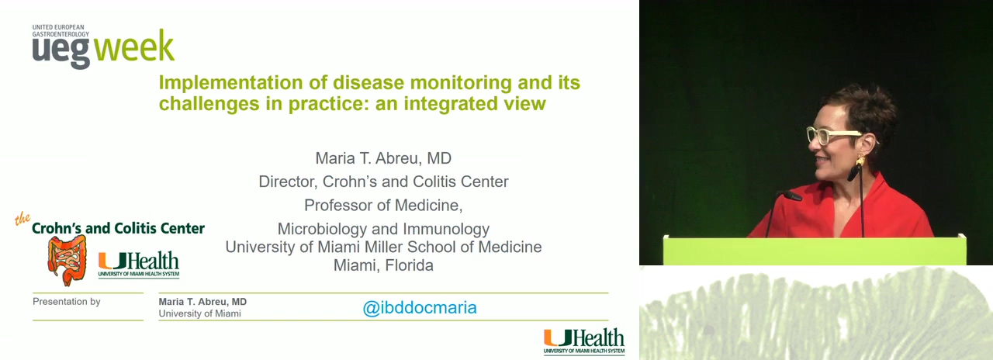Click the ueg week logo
pyautogui.click(x=103, y=47)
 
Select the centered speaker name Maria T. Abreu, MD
pyautogui.click(x=383, y=158)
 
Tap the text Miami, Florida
pyautogui.click(x=383, y=265)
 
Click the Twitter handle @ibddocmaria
pyautogui.click(x=420, y=308)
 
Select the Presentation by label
pyautogui.click(x=67, y=302)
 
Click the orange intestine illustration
pyautogui.click(x=67, y=261)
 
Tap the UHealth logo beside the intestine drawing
pyautogui.click(x=139, y=265)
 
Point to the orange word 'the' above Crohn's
pyautogui.click(x=22, y=219)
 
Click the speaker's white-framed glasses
pyautogui.click(x=832, y=135)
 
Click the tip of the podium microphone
pyautogui.click(x=793, y=196)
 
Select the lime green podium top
pyautogui.click(x=815, y=251)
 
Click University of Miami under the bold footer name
pyautogui.click(x=200, y=313)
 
